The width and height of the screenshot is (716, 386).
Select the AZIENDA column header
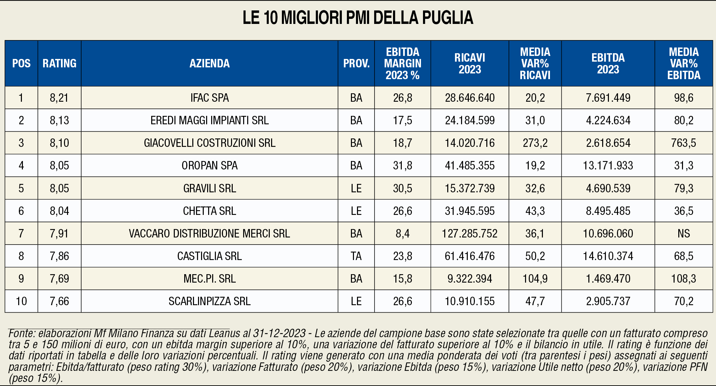point(209,63)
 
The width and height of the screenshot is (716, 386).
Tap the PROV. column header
point(356,63)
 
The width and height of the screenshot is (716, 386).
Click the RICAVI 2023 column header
point(470,63)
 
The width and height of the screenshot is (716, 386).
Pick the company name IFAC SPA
point(209,98)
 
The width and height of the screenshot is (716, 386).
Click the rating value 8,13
point(59,120)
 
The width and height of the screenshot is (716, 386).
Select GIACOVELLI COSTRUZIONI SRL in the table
point(209,143)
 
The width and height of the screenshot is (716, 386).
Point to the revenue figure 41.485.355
point(470,165)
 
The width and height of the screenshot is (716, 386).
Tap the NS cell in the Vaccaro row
point(684,233)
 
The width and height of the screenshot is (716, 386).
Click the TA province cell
point(356,256)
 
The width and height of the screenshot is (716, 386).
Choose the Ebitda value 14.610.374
point(608,256)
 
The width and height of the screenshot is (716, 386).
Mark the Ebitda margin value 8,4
point(402,233)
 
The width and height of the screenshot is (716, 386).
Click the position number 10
point(21,301)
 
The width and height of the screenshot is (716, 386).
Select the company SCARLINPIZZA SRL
point(209,301)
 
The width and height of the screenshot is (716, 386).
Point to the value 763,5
point(684,143)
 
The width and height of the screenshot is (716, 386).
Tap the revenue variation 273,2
point(535,143)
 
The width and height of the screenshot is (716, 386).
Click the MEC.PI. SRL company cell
point(209,279)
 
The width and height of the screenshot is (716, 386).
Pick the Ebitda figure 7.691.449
point(608,98)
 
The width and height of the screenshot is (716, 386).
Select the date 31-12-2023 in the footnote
point(280,333)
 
